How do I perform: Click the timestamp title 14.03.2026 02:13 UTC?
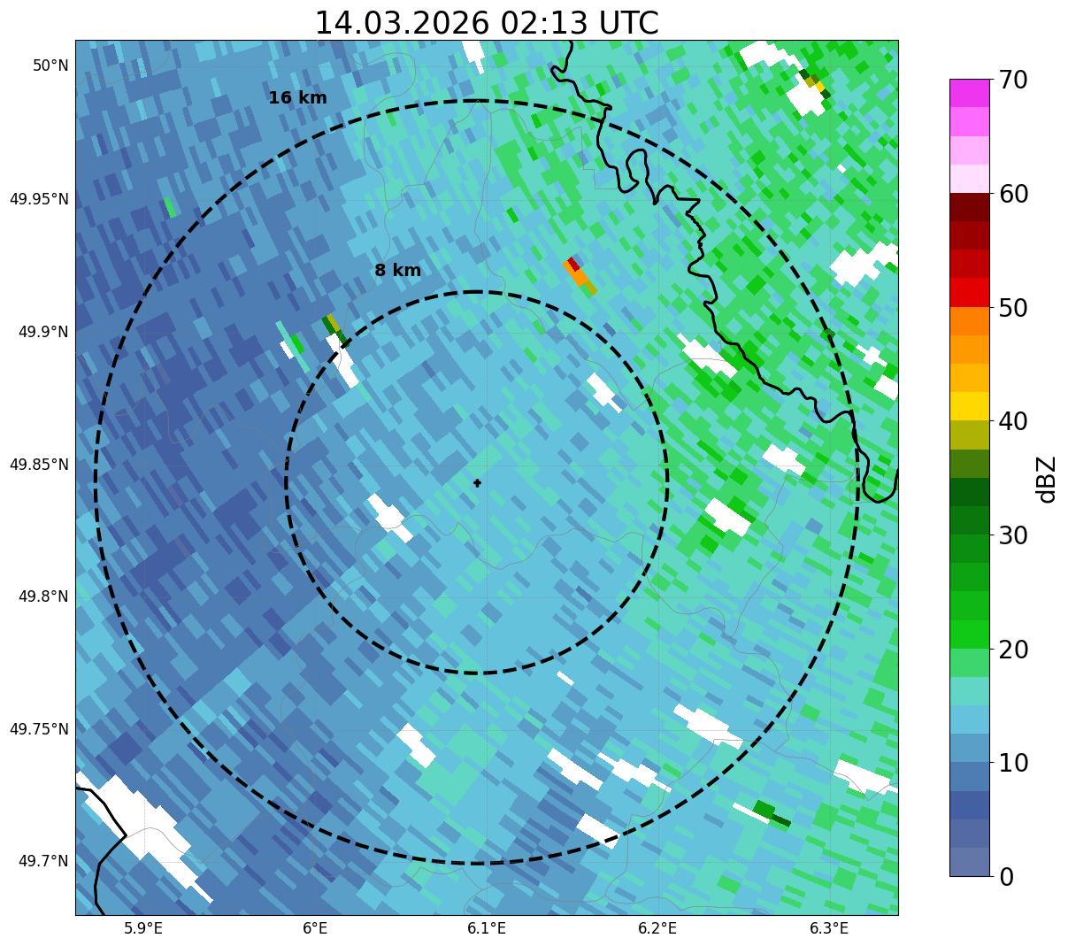tap(487, 23)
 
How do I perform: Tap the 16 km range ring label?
tap(297, 98)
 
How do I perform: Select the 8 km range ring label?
tap(397, 271)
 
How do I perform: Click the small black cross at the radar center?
tap(478, 483)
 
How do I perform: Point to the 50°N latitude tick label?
tap(50, 65)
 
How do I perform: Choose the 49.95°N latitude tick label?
tap(39, 199)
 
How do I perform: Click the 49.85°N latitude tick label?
tap(39, 465)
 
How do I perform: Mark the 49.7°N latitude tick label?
tap(43, 861)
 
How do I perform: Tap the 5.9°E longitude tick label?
tap(143, 928)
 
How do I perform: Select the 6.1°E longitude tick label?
tap(487, 928)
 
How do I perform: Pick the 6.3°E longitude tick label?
tap(829, 928)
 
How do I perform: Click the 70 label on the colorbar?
tap(1013, 81)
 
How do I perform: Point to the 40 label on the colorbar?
tap(1013, 421)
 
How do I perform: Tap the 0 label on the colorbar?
tap(1006, 877)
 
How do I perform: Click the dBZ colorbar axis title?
tap(1047, 479)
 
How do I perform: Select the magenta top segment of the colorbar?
tap(970, 93)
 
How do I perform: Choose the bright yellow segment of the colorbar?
tap(970, 406)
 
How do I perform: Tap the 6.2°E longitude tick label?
tap(657, 928)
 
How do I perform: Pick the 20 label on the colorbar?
tap(1013, 650)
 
